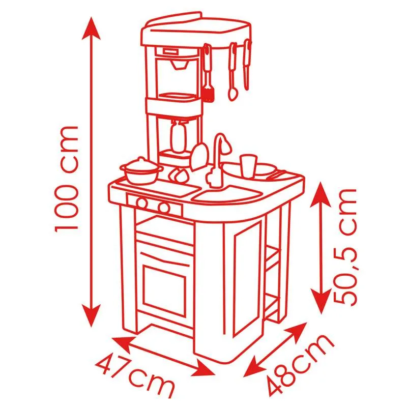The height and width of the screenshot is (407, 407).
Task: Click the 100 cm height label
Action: click(66, 179)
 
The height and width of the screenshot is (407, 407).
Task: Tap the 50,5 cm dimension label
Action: click(345, 247)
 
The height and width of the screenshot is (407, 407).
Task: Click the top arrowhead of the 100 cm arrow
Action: click(91, 28)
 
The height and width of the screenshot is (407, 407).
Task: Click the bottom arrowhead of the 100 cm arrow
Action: click(91, 315)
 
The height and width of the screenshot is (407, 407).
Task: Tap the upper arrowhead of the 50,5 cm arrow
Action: click(321, 193)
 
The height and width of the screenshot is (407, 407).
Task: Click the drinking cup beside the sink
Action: click(248, 166)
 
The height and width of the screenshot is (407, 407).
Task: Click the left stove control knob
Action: click(142, 202)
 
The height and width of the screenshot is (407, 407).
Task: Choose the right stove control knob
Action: click(164, 207)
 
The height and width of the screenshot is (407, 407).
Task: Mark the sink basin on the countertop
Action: click(226, 193)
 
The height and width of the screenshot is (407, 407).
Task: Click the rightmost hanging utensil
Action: click(247, 65)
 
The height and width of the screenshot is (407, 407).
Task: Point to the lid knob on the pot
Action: click(141, 159)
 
